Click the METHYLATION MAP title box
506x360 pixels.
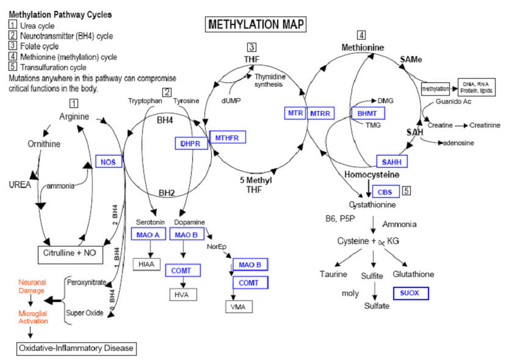[x=255, y=24]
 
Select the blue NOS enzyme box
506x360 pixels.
[x=109, y=161]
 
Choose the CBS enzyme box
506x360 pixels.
[x=385, y=192]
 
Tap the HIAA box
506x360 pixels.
[x=146, y=264]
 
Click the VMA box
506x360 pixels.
[x=239, y=306]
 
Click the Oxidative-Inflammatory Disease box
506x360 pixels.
[x=75, y=348]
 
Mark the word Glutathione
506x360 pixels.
[x=413, y=274]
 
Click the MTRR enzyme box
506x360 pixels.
[x=320, y=113]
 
